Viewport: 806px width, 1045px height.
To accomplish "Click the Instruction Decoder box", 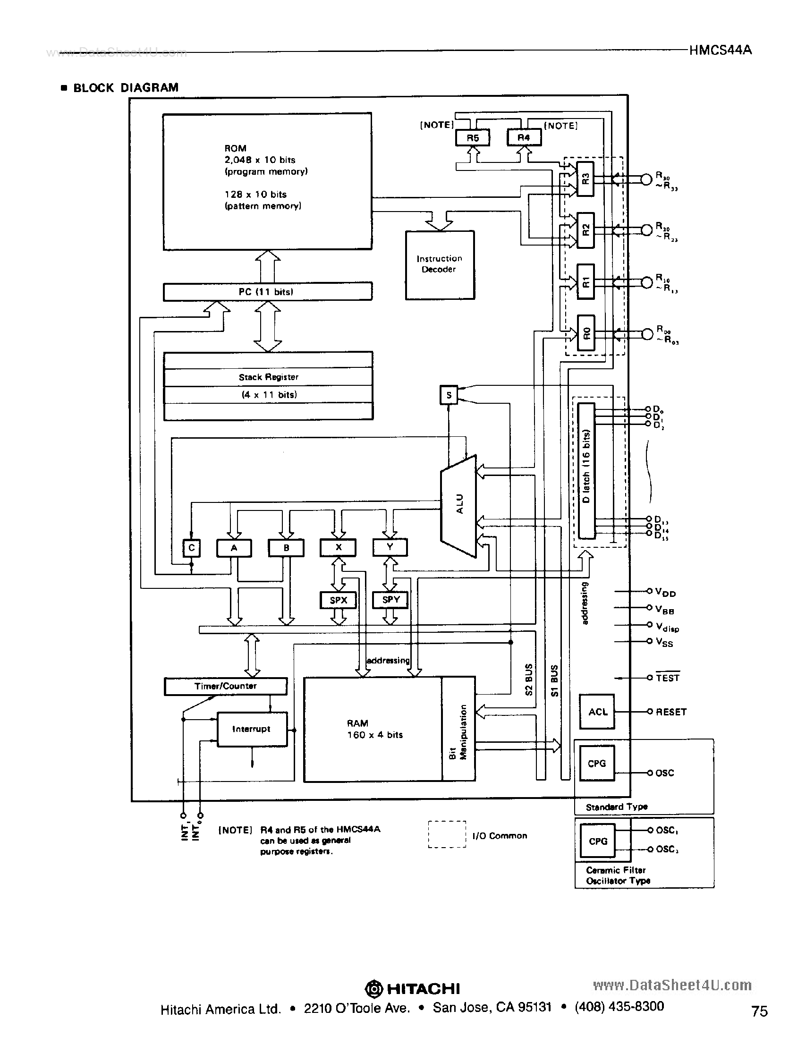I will tap(440, 265).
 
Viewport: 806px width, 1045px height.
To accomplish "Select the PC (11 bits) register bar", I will tap(267, 291).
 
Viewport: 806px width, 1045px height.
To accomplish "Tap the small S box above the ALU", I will tap(449, 395).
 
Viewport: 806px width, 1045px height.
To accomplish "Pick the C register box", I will tap(191, 548).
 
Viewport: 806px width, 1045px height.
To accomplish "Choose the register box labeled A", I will tap(234, 548).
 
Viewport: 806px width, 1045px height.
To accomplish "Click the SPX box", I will tap(338, 600).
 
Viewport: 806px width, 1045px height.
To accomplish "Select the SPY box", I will tap(390, 600).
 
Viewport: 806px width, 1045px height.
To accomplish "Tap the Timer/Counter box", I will tap(225, 686).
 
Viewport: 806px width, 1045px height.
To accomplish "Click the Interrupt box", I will tap(252, 729).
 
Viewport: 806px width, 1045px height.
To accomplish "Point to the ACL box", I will tap(597, 712).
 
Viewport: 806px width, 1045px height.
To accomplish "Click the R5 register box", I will tap(472, 138).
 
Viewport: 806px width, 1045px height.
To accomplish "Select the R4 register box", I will tap(524, 137).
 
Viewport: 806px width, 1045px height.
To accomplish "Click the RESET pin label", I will tap(670, 712).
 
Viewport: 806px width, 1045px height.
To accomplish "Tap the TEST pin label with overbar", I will tap(667, 678).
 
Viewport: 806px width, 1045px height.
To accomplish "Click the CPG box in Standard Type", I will tap(596, 764).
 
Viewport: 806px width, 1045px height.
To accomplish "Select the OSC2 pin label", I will tap(667, 850).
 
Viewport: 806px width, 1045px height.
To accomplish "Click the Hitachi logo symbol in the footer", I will tap(374, 988).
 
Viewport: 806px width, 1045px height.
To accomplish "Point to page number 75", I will tap(759, 1011).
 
